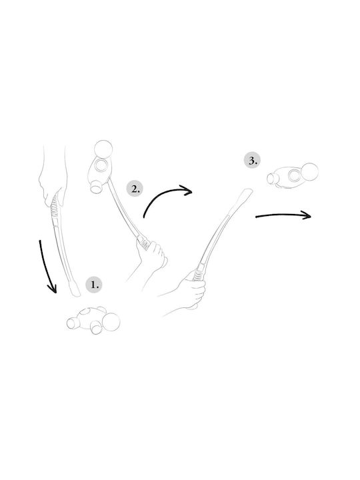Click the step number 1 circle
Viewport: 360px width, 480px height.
[94, 285]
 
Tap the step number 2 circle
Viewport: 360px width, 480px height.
[135, 189]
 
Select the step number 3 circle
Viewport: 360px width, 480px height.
[252, 161]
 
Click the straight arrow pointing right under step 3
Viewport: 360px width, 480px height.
[283, 215]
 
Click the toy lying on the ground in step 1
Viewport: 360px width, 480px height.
[93, 320]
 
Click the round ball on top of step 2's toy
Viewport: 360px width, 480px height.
[103, 149]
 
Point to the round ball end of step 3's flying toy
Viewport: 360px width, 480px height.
[309, 172]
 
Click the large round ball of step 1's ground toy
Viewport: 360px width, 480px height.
[111, 322]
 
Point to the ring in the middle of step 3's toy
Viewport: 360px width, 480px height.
[294, 176]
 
